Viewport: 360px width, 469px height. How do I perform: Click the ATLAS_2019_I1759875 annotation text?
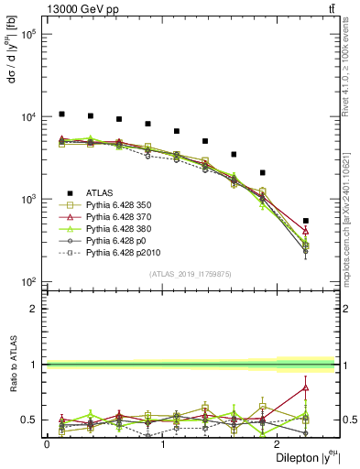click(191, 274)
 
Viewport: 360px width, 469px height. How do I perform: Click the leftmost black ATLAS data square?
click(61, 114)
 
